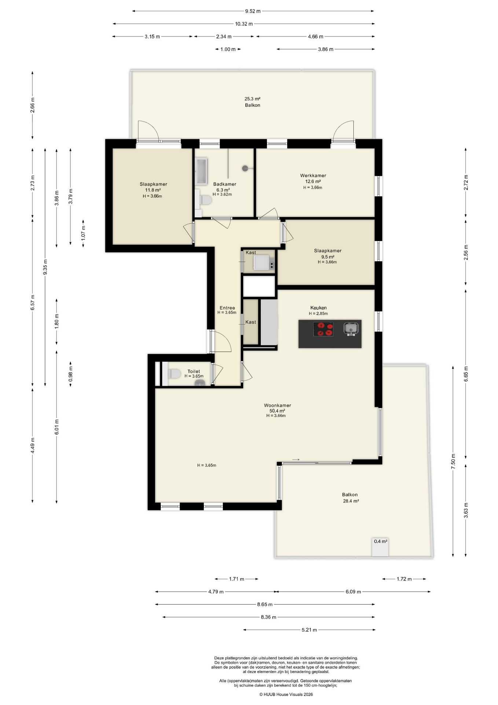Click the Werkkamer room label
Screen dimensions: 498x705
pos(313,176)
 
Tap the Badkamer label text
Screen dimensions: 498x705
pos(224,184)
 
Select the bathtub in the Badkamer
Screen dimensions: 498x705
pos(201,171)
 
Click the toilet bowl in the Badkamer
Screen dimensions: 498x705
pos(206,200)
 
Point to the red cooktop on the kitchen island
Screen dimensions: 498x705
pos(323,329)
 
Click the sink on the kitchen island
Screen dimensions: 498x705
pos(351,329)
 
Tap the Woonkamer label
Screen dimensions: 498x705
pos(278,405)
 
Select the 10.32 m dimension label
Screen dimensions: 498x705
pos(244,24)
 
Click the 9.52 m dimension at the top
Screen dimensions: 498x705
pos(253,11)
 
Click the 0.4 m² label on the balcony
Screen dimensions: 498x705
pos(381,541)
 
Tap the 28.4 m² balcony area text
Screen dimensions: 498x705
pos(351,501)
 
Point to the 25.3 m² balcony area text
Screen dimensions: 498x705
pos(252,99)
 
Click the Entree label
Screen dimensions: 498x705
pos(227,308)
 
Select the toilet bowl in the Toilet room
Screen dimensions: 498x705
pos(174,374)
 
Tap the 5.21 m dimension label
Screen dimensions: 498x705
pos(309,630)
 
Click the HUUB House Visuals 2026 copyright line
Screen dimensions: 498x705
pos(286,694)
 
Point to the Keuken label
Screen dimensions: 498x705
pos(318,308)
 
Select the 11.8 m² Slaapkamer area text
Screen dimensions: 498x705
pos(153,190)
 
